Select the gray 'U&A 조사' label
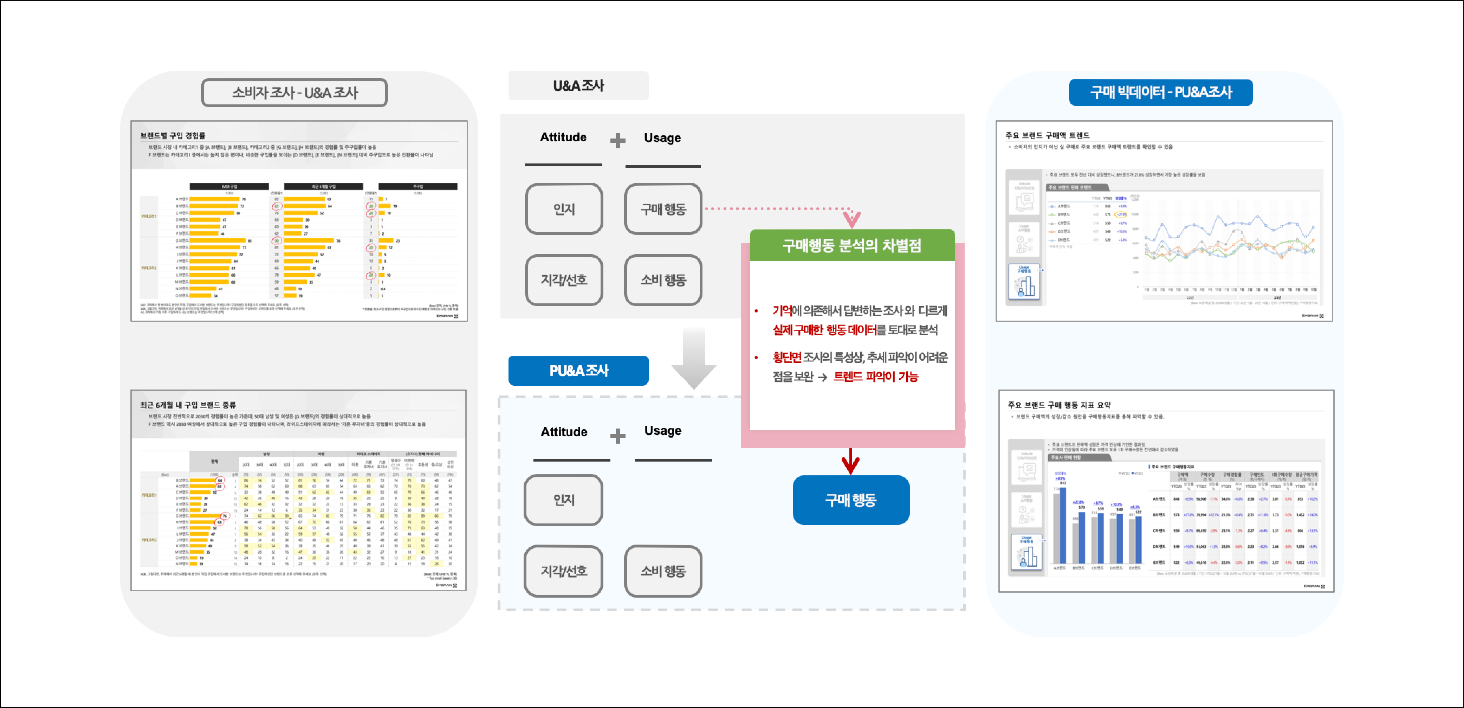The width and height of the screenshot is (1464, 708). click(578, 86)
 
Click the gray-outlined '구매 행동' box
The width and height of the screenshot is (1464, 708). click(663, 209)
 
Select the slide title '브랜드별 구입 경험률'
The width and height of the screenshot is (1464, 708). click(173, 135)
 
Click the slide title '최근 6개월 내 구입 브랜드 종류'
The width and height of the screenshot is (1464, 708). click(188, 405)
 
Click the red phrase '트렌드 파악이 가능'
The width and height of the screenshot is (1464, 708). click(875, 376)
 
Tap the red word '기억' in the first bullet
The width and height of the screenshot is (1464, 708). click(782, 310)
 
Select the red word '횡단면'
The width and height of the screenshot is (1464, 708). click(786, 357)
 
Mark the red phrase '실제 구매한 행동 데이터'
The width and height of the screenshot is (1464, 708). click(824, 330)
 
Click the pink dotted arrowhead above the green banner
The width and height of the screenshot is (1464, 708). click(851, 218)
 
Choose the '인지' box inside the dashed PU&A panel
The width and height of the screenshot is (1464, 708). click(563, 500)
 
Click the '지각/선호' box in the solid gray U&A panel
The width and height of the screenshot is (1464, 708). click(563, 280)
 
